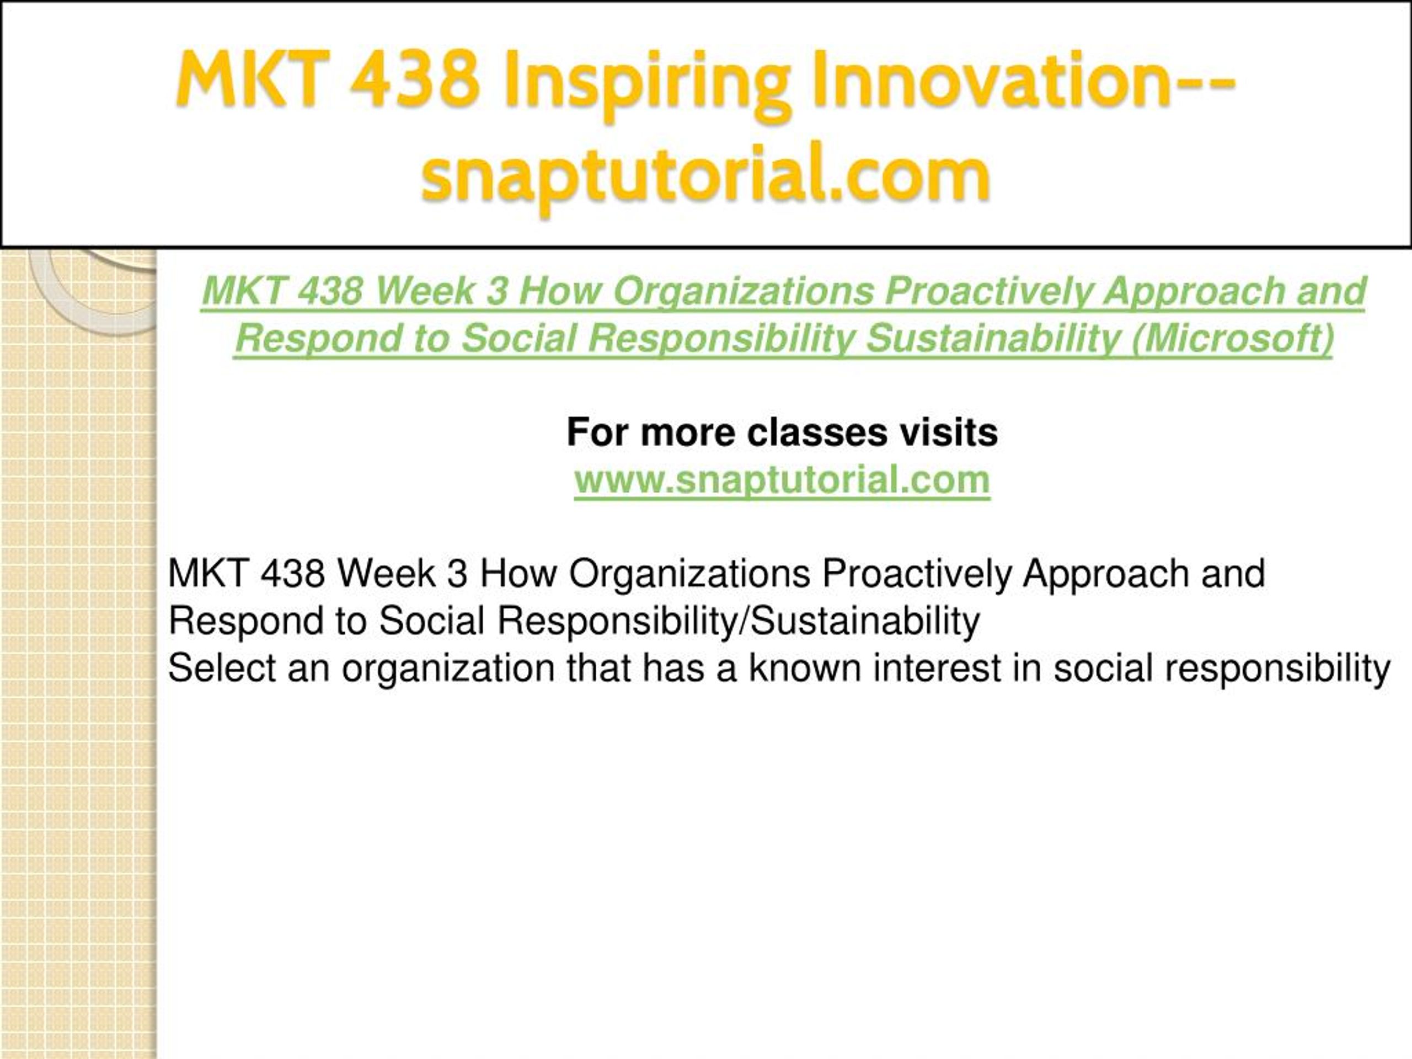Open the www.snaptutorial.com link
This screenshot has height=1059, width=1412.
coord(782,479)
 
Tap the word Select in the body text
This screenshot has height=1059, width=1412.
coord(222,668)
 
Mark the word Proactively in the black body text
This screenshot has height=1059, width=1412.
coord(917,573)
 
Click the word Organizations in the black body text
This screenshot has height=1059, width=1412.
coord(689,573)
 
